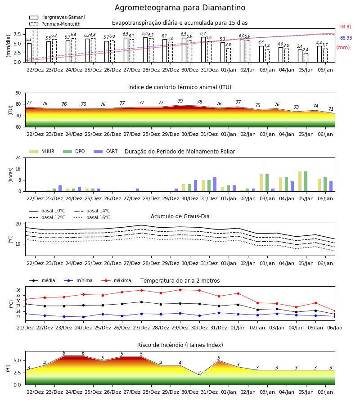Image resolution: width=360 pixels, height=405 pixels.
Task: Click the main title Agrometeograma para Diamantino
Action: [x=180, y=8]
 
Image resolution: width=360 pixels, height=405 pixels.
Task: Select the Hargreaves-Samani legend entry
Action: [x=57, y=17]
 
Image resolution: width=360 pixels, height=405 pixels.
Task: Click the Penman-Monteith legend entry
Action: [x=55, y=24]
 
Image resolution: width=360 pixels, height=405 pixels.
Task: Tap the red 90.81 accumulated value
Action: [x=346, y=27]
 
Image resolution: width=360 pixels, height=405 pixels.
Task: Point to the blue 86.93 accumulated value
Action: [x=346, y=38]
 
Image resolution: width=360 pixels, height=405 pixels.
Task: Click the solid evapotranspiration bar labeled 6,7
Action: [x=203, y=49]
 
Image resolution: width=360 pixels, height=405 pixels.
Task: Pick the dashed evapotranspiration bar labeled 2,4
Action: [x=306, y=58]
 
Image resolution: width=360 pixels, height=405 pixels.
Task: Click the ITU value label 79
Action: [x=180, y=101]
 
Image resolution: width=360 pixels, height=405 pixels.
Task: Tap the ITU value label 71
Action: [x=331, y=109]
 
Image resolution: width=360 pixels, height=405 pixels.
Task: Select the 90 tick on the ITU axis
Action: [x=18, y=93]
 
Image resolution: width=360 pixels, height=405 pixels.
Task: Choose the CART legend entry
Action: [x=106, y=151]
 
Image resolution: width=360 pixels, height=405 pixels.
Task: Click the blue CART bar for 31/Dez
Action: [x=215, y=184]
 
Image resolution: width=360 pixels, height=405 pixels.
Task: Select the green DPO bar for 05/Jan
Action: [x=306, y=182]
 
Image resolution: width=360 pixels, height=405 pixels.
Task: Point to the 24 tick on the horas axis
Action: [x=18, y=158]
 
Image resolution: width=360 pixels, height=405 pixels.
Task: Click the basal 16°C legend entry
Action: [x=92, y=217]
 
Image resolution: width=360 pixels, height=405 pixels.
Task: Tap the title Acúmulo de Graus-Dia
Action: [x=180, y=216]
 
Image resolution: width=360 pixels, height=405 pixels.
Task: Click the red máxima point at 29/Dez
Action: [x=180, y=290]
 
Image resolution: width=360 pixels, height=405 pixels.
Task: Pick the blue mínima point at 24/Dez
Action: [x=83, y=317]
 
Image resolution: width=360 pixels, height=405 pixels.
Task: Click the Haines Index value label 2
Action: [x=199, y=373]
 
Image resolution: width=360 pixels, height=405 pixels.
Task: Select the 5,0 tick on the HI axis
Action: [x=18, y=360]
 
